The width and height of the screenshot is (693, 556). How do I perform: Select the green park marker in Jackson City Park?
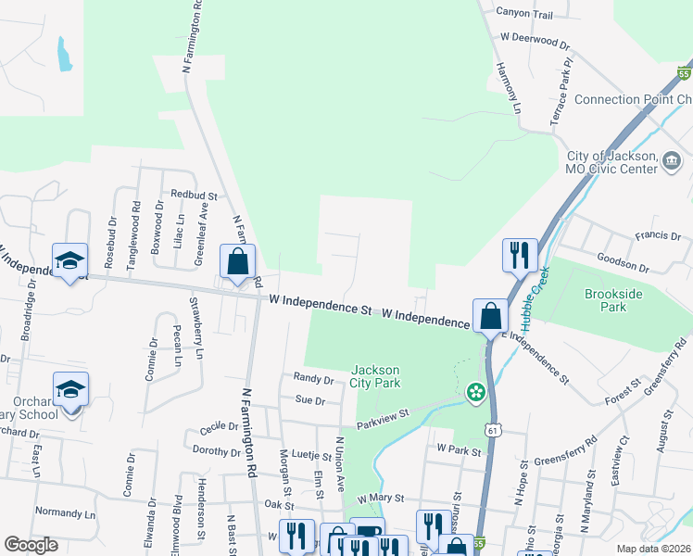point(475,392)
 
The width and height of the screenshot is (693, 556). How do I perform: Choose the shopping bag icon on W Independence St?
point(488,315)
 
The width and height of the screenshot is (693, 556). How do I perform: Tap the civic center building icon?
point(670,163)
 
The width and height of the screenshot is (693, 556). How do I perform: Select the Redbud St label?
point(194,196)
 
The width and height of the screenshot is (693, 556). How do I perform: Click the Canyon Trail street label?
point(524,14)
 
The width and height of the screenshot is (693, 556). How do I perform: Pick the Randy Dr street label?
point(313,379)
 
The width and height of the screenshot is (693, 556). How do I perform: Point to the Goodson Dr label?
point(623,263)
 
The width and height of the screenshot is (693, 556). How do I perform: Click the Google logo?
point(31,545)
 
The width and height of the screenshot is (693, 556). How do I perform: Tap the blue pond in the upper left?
point(64,54)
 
